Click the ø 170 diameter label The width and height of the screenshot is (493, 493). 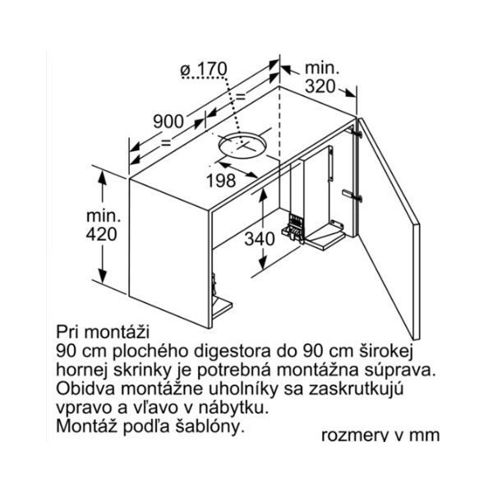(x=204, y=69)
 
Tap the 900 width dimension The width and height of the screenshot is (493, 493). (x=168, y=122)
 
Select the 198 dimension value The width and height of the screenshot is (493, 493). (x=221, y=181)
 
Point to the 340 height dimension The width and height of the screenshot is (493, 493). (x=260, y=238)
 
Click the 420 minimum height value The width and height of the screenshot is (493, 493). (x=102, y=234)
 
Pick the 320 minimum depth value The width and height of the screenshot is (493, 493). (x=320, y=86)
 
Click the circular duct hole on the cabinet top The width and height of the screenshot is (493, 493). (x=242, y=145)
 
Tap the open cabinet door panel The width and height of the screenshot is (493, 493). (x=389, y=228)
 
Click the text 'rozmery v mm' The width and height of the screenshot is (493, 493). (x=380, y=435)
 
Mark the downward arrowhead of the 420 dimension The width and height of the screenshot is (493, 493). (x=103, y=276)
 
